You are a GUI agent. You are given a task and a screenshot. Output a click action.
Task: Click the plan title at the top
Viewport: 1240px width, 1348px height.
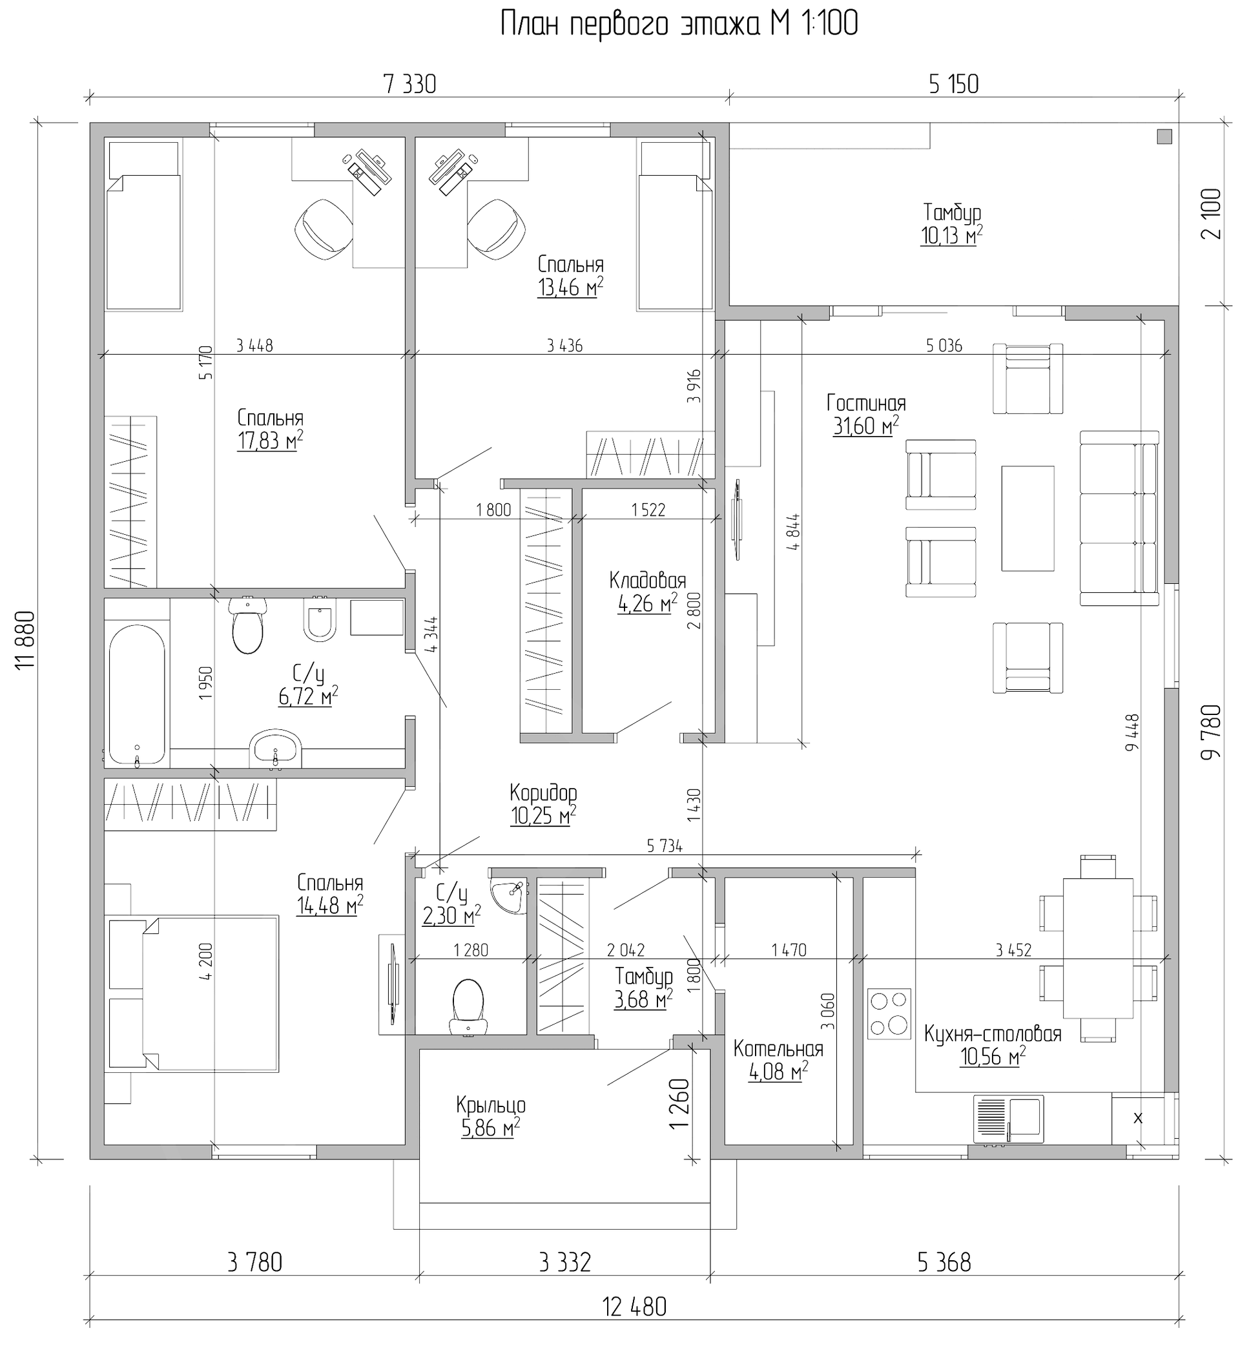tap(679, 25)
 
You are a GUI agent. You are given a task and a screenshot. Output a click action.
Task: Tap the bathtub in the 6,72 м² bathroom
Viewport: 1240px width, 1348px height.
tap(137, 694)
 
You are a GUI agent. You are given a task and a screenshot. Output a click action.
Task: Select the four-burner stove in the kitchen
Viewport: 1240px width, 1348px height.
tap(889, 1013)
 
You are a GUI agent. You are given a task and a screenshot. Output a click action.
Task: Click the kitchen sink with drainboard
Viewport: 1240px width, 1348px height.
tap(1008, 1119)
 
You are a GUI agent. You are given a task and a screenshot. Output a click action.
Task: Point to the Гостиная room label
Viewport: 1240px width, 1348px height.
tap(865, 403)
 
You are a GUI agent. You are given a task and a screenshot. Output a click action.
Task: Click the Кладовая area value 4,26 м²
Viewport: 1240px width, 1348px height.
tap(647, 603)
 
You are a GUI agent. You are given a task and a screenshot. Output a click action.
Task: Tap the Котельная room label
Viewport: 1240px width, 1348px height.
tap(778, 1048)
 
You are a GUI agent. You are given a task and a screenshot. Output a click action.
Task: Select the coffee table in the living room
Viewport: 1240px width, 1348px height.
tap(1028, 518)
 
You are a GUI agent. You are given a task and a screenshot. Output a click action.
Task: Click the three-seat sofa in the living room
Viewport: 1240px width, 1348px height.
tap(1119, 518)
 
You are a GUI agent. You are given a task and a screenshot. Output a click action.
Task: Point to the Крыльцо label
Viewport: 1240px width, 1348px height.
tap(490, 1104)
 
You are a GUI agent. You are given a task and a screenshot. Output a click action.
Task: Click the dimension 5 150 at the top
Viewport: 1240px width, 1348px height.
tap(953, 84)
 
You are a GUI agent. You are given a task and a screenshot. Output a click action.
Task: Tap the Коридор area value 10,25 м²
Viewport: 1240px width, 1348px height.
tap(542, 816)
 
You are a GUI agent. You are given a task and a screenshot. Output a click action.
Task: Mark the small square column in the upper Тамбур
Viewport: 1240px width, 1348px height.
tap(1164, 136)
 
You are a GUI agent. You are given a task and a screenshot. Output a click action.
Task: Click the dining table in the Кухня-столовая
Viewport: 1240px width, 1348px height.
tap(1098, 948)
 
